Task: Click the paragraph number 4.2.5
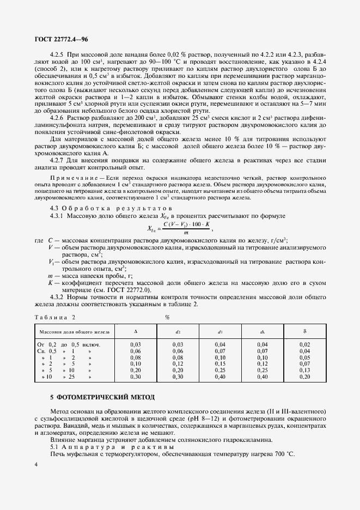coord(57,55)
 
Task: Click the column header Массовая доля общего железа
coord(73,331)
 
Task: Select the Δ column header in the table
coord(136,331)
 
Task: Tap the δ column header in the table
coord(304,331)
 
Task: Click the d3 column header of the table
coord(220,331)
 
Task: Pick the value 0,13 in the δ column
coord(304,369)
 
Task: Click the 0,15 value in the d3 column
coord(220,363)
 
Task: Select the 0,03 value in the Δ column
coord(136,345)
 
